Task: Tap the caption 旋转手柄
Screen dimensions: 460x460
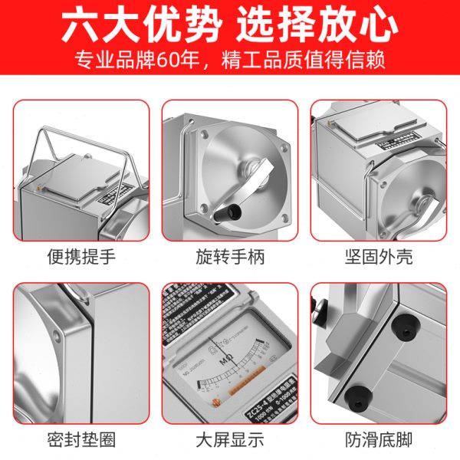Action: point(229,255)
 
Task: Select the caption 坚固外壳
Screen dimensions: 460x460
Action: point(378,255)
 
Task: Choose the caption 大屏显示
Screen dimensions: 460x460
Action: point(229,439)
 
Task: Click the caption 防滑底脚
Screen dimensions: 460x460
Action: point(378,439)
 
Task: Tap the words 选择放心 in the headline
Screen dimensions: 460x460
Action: point(317,27)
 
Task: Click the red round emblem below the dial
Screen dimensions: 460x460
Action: point(218,403)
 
